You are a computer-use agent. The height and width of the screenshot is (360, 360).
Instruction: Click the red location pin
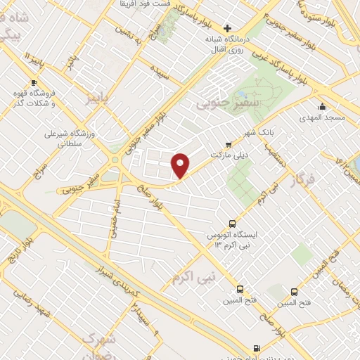(181, 165)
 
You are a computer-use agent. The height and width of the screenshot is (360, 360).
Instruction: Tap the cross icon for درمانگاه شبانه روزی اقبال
(226, 27)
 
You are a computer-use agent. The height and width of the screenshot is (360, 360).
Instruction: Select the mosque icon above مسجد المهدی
(323, 107)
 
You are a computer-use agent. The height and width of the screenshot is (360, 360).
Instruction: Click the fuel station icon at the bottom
(255, 347)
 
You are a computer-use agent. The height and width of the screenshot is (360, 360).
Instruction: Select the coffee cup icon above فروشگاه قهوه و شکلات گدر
(34, 83)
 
